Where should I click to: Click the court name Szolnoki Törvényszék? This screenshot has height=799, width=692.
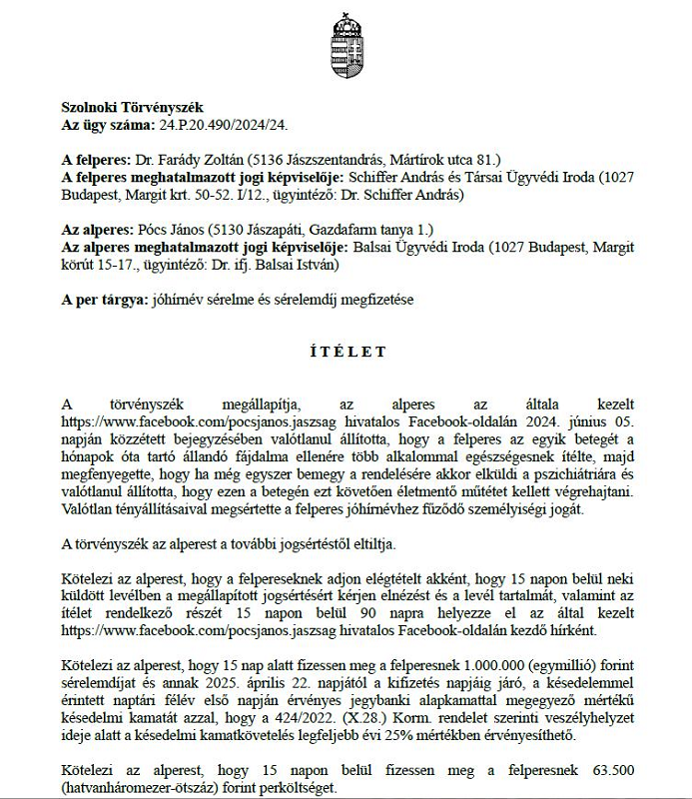tap(132, 106)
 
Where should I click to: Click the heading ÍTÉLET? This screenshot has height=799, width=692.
tap(346, 353)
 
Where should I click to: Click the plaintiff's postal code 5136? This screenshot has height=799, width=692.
tap(270, 159)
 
